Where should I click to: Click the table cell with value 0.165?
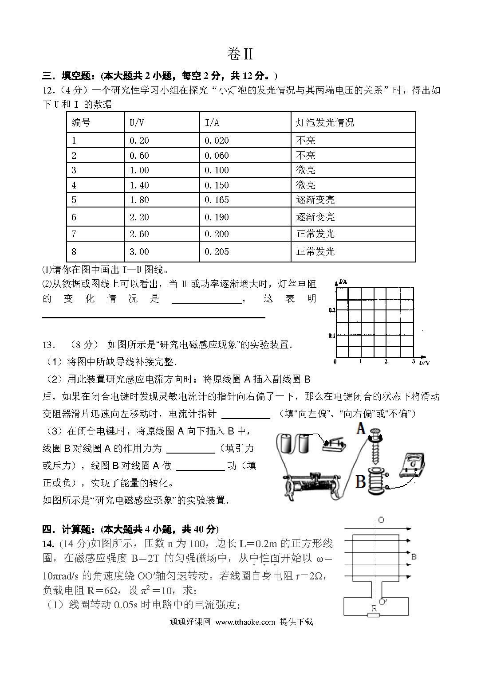(x=217, y=200)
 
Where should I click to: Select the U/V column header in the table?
(x=137, y=122)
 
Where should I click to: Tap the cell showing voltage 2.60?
(x=139, y=234)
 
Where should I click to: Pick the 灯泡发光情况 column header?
(x=325, y=122)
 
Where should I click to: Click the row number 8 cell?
(x=74, y=252)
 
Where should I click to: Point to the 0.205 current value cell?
(x=217, y=252)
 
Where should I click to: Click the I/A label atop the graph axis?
(x=342, y=282)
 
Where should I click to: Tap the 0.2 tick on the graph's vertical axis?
(x=332, y=310)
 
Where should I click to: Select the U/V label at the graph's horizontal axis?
(x=424, y=363)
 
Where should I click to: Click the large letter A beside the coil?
(x=361, y=429)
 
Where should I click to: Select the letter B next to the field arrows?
(x=414, y=556)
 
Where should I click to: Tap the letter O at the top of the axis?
(x=381, y=520)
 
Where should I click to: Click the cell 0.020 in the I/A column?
(x=217, y=141)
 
